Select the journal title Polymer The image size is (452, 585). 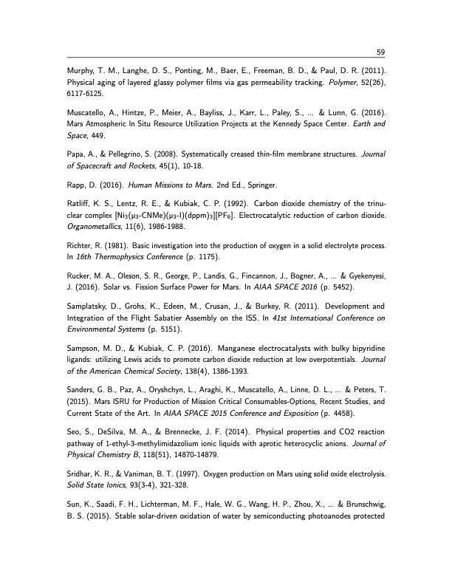point(338,83)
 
